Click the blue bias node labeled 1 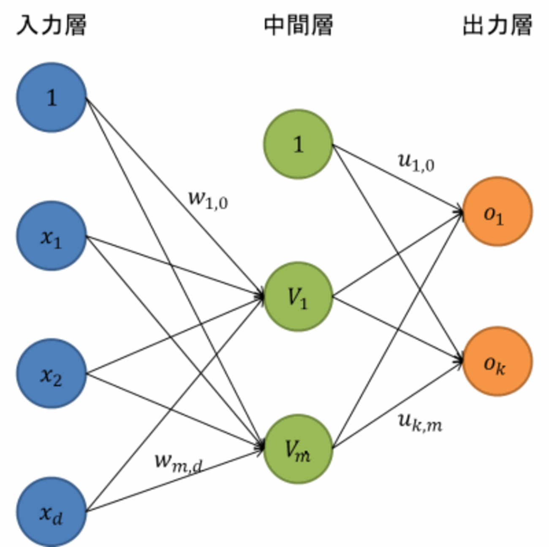[x=52, y=98]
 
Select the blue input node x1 [x=52, y=236]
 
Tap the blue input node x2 [x=52, y=374]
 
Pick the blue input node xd [x=52, y=512]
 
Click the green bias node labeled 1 [x=298, y=144]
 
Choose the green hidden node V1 [x=298, y=296]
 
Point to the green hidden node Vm [x=298, y=449]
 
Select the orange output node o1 [x=497, y=212]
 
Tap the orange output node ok [x=497, y=361]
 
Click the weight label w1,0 [x=208, y=200]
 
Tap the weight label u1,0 [x=416, y=162]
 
